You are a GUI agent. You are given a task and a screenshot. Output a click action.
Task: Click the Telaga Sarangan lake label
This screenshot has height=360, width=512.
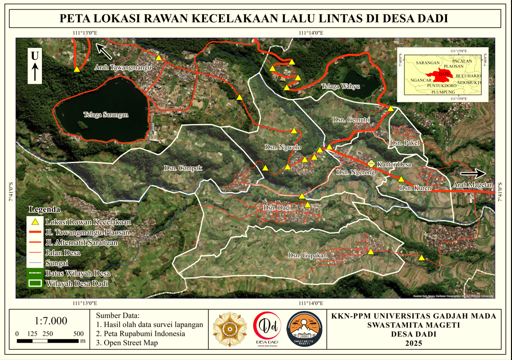click(x=106, y=114)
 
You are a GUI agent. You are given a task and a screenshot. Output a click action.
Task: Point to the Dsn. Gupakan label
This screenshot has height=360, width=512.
click(x=307, y=255)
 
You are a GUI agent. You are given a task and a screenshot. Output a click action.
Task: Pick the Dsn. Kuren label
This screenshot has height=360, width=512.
click(x=413, y=188)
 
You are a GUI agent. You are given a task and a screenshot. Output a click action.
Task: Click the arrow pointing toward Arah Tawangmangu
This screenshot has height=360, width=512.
click(x=105, y=50)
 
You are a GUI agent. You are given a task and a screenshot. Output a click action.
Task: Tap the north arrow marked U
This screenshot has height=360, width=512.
click(x=35, y=66)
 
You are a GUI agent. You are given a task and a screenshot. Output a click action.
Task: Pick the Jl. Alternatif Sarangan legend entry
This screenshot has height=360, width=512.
click(x=81, y=242)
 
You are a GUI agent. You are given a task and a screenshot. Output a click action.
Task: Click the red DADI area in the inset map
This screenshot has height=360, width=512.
click(x=441, y=74)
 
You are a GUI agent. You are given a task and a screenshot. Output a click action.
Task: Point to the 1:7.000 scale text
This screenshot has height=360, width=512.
click(x=51, y=321)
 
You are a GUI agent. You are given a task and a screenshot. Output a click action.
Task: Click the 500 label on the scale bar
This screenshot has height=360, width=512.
click(x=79, y=333)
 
